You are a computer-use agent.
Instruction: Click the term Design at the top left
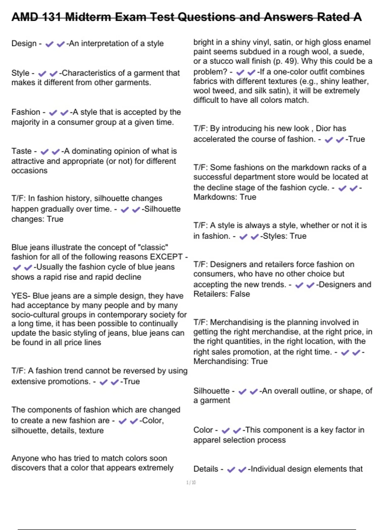(x=24, y=44)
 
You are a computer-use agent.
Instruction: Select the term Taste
(x=22, y=151)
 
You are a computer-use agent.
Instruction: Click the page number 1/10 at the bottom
(x=191, y=483)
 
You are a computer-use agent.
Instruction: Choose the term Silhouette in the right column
(x=211, y=391)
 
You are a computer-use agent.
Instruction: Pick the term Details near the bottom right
(x=206, y=469)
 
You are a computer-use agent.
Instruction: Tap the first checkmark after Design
(x=49, y=44)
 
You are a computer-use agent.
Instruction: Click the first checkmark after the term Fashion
(x=53, y=113)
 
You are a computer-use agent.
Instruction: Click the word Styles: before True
(x=275, y=236)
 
